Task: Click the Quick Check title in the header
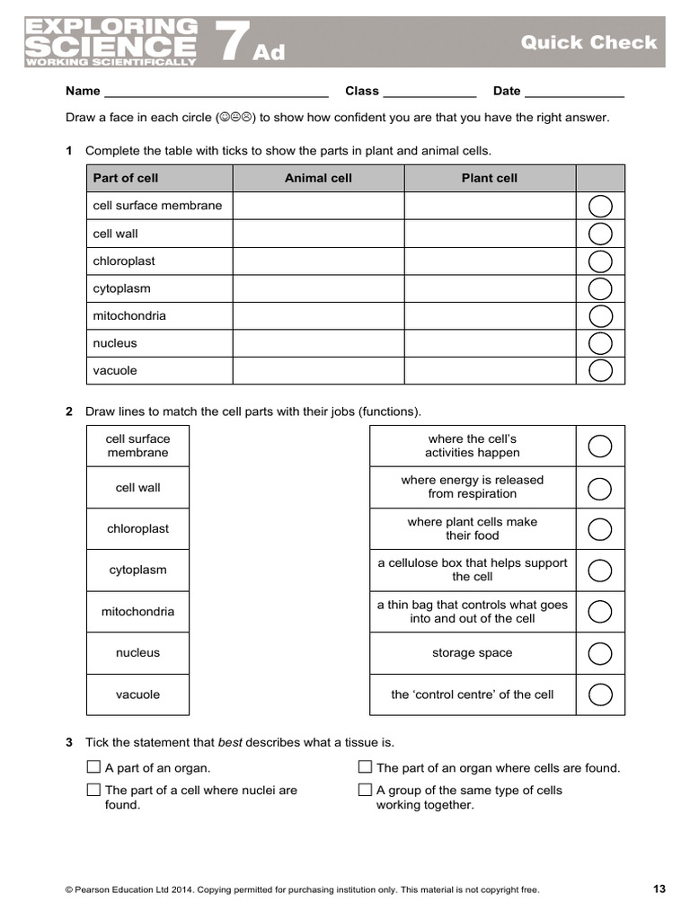588,42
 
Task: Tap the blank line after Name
216,92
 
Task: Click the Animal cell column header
318,178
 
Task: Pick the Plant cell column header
490,178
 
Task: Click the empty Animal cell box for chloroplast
318,261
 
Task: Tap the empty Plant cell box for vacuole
490,370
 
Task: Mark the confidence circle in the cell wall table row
600,234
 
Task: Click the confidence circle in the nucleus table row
600,343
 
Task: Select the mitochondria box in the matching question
137,612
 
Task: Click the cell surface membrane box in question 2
137,446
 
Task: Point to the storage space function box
472,653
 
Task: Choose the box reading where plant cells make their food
472,528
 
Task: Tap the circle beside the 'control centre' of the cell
600,694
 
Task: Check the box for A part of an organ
93,767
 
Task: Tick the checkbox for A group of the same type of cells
365,790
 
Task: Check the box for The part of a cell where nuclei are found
93,790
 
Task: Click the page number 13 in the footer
659,889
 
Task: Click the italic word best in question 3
230,743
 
